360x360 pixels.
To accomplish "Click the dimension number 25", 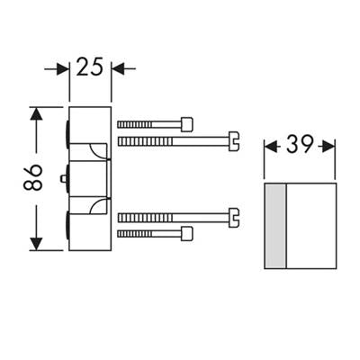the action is pos(89,67).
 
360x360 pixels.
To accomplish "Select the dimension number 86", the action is pos(32,178).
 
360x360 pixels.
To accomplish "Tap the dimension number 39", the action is pos(300,145).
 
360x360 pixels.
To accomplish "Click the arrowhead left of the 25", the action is pos(62,68).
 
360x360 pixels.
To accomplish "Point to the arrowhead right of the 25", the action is pos(118,68).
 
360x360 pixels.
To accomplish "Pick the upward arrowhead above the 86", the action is pos(36,114).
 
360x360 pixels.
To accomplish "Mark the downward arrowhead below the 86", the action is pos(36,243).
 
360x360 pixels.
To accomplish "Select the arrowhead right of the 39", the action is pos(328,147).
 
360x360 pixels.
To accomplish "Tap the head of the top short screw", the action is pos(187,124).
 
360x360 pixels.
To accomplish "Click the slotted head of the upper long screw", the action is pos(234,141).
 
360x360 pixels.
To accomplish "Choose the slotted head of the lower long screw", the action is pos(234,218).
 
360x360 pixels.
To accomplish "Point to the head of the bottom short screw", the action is pos(187,234).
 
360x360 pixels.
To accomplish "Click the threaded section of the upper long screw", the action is pos(145,141).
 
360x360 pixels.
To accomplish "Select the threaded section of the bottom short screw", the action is pos(135,234).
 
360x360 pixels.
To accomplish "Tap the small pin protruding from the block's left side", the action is pos(64,178).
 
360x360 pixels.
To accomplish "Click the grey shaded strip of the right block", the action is pos(275,226).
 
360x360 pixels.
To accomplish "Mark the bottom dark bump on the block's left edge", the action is pos(67,225).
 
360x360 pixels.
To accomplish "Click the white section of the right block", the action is pos(311,226).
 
